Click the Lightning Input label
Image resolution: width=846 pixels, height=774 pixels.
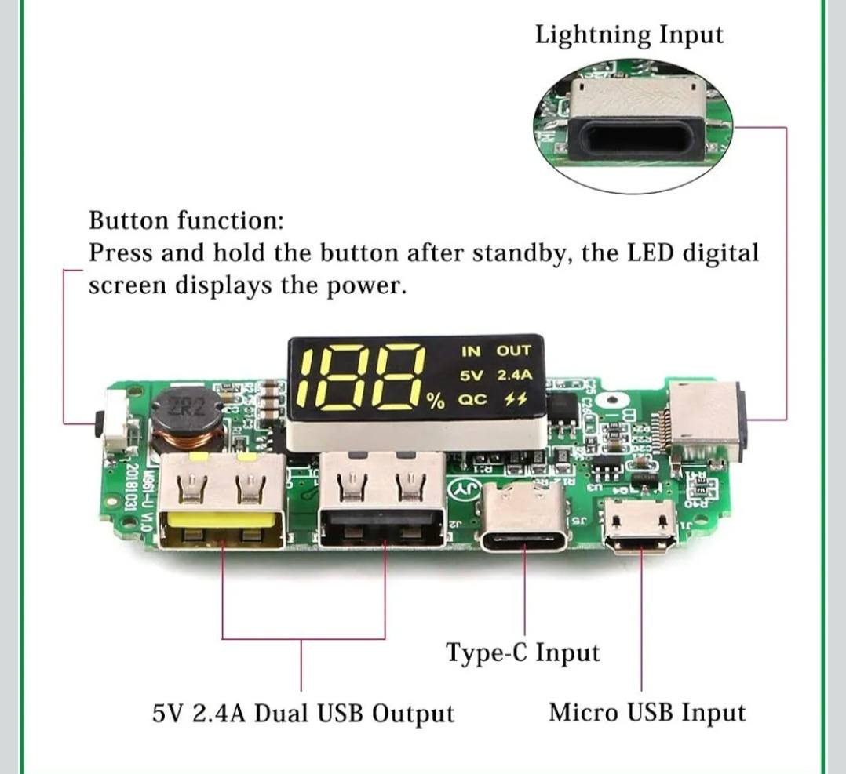point(629,35)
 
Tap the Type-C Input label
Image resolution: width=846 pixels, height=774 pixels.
point(523,652)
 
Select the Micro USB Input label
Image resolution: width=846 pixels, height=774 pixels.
point(647,713)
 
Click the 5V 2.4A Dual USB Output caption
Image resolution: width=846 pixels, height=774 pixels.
point(303,714)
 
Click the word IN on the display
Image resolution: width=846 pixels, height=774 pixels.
point(471,351)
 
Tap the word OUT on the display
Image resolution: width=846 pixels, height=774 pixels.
point(513,351)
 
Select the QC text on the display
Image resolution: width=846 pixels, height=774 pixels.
point(472,399)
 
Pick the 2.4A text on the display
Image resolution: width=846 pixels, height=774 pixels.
point(515,375)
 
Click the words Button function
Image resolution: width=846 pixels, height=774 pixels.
point(186,220)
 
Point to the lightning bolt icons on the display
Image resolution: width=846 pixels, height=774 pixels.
point(515,400)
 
